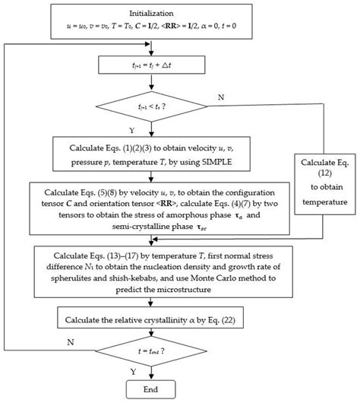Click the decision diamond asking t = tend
tap(154, 351)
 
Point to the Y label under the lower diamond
tap(144, 373)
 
